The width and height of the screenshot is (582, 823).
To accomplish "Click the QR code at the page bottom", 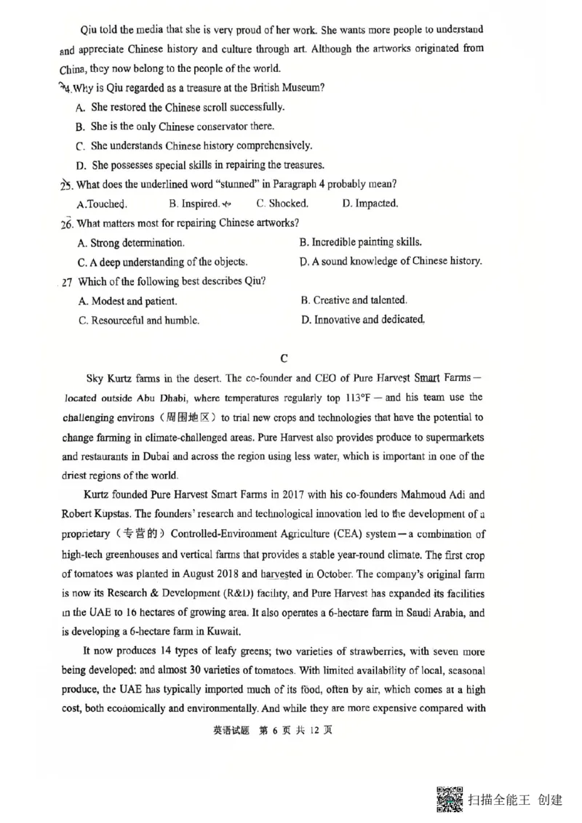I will [450, 800].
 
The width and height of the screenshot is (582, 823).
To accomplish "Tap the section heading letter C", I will [284, 358].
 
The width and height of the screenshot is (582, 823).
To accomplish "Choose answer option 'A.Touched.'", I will [102, 204].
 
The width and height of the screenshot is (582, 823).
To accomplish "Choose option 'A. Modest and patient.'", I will [127, 300].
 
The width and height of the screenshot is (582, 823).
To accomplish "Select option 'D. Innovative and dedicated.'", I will [362, 319].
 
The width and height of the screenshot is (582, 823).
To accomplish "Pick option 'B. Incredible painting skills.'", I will [361, 242].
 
